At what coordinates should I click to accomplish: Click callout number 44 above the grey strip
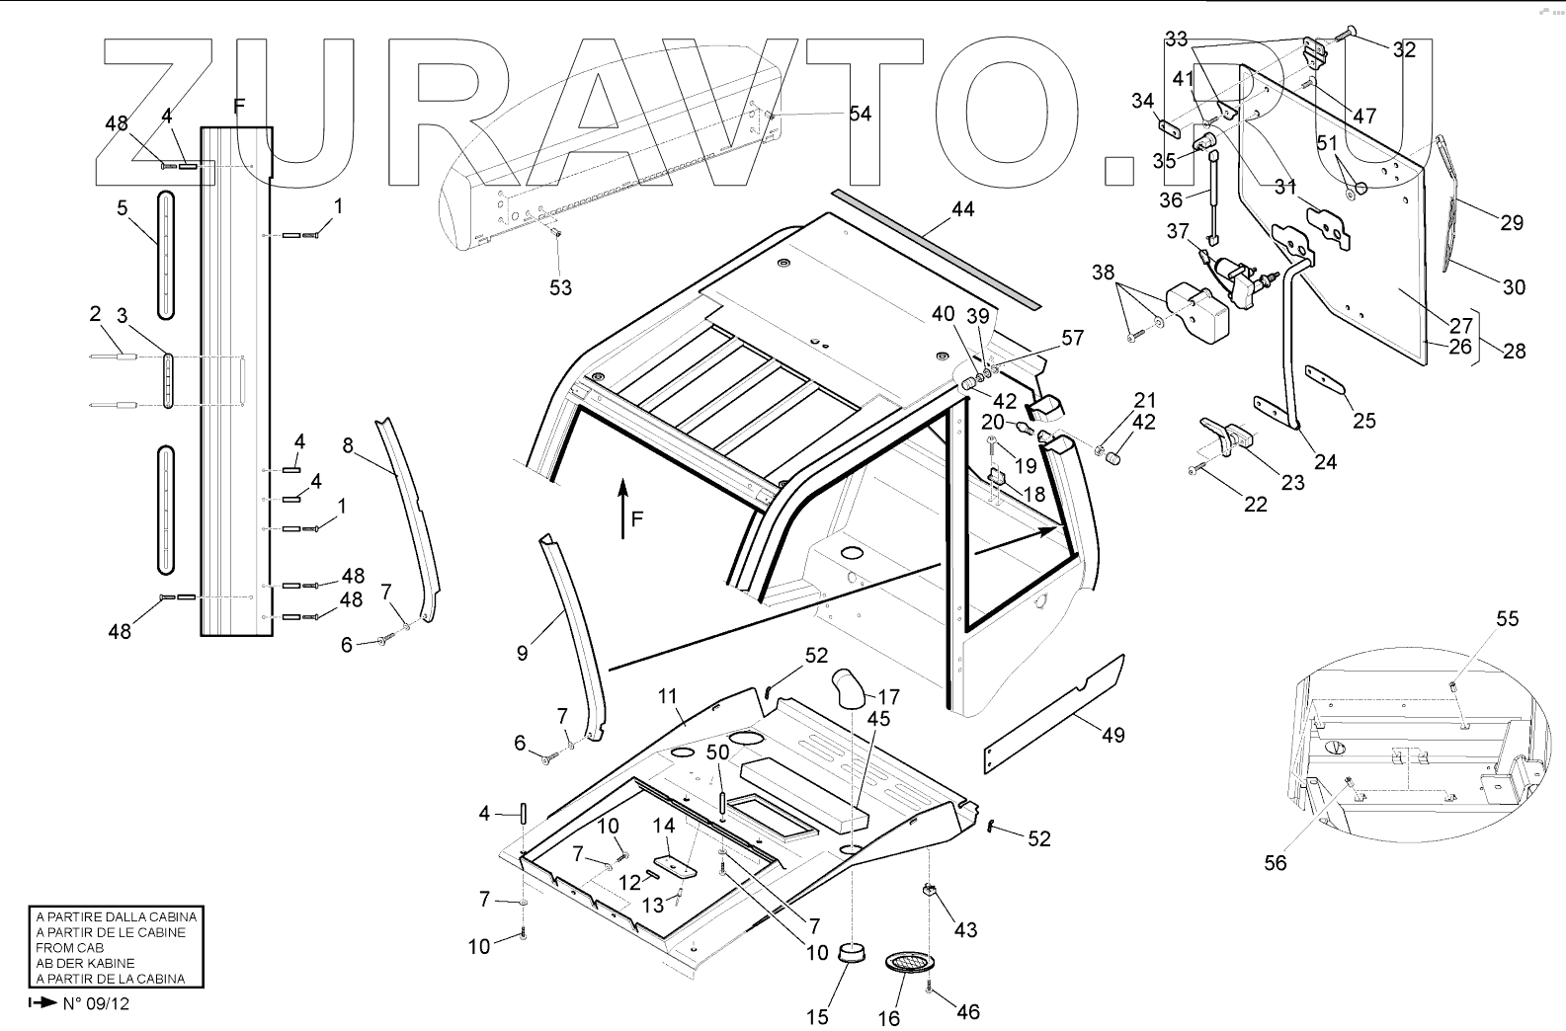pos(962,210)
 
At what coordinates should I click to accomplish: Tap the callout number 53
pos(561,287)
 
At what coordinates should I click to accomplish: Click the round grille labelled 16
pos(907,961)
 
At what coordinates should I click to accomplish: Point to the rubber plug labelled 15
pos(851,954)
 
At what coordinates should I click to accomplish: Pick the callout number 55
pos(1507,619)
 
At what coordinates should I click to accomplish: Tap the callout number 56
pos(1276,862)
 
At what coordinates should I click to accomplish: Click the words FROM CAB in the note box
pos(71,947)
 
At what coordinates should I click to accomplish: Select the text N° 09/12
pos(96,1003)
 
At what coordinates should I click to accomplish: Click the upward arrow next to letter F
pos(622,509)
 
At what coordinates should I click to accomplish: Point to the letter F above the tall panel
pos(238,106)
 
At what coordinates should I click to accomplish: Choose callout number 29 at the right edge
pos(1511,222)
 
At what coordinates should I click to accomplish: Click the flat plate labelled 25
pos(1328,378)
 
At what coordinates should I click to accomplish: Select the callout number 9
pos(522,653)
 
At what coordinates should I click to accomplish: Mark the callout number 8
pos(347,444)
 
